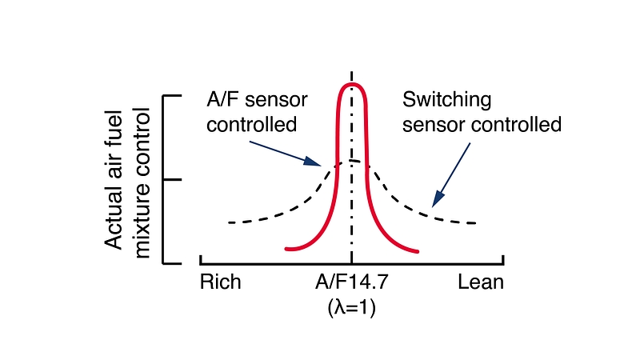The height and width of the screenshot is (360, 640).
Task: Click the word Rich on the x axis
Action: point(219,283)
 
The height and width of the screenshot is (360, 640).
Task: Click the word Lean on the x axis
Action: point(481,283)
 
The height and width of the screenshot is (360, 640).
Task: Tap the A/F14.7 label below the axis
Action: point(351,283)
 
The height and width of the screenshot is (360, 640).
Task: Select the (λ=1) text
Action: point(351,307)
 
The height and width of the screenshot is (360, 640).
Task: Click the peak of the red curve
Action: point(352,83)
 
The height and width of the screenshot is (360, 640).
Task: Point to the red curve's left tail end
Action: point(286,250)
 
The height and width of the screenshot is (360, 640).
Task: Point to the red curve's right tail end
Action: point(418,250)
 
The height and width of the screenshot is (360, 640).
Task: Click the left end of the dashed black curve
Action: point(229,222)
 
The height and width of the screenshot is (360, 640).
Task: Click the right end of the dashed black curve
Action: point(476,222)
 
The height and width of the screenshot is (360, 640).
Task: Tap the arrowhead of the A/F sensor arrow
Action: point(321,165)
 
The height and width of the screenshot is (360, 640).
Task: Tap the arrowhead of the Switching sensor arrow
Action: point(434,206)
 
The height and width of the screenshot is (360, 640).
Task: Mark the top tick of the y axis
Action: point(173,96)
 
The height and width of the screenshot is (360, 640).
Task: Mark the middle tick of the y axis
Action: point(173,179)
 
